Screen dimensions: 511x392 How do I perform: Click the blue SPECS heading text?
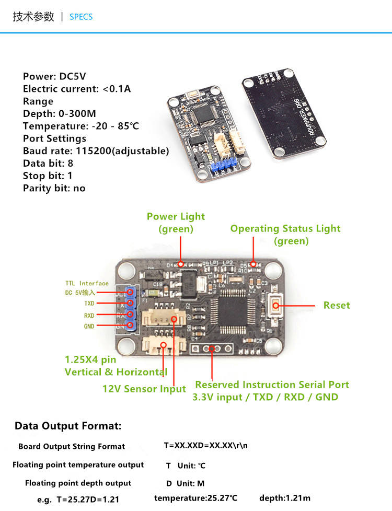point(81,17)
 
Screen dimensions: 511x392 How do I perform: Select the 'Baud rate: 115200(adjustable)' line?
point(96,151)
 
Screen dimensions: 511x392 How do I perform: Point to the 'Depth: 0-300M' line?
point(59,113)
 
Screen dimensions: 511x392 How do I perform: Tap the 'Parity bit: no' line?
point(54,188)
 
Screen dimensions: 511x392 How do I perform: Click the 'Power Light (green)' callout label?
point(176,223)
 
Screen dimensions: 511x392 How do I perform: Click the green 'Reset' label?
point(336,305)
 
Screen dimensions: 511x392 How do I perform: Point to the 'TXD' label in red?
point(89,303)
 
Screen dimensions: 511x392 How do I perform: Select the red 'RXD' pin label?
point(89,315)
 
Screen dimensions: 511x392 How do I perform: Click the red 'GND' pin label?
point(89,327)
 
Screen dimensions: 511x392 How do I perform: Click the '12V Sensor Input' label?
point(144,389)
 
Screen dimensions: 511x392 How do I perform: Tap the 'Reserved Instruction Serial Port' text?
point(272,385)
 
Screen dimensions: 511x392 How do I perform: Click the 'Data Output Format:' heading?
point(68,426)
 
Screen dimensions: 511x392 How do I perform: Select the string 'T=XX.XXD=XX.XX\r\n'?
point(206,446)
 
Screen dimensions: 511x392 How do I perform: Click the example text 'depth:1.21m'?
point(284,498)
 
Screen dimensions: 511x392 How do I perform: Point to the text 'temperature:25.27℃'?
point(196,498)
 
